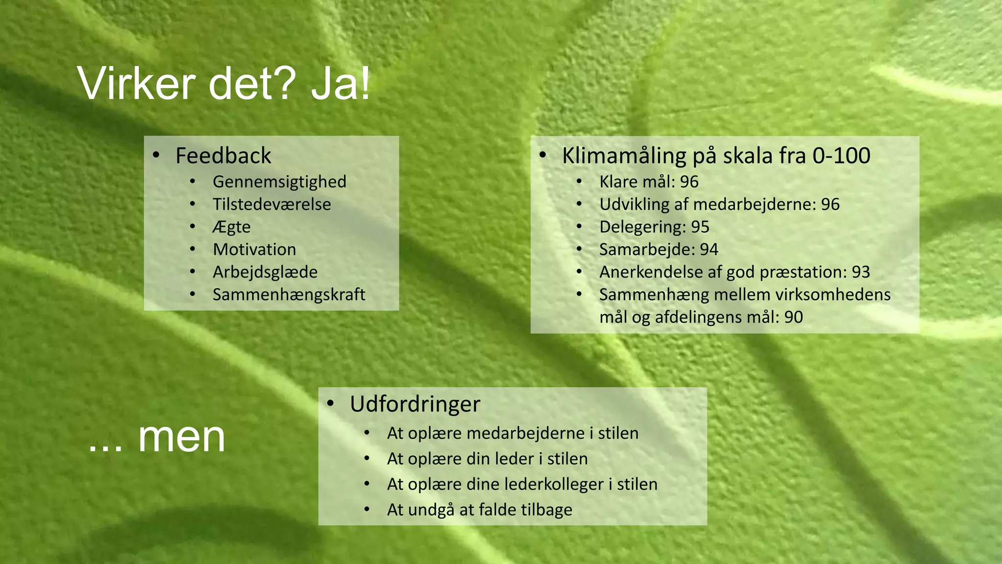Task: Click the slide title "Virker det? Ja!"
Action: pos(224,84)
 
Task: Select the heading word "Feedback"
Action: pos(223,156)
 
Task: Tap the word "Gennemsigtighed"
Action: pos(279,182)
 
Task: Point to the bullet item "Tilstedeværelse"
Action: pos(272,204)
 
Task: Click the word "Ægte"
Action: pos(231,227)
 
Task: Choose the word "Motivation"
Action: pos(254,250)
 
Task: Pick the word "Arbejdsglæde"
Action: pos(265,272)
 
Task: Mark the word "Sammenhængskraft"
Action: pos(289,295)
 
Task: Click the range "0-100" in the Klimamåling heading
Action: pos(841,156)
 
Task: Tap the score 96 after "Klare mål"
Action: pos(689,182)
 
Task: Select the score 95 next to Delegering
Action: pos(700,227)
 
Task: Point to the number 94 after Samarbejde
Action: pos(708,250)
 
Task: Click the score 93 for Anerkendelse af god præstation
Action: pos(861,272)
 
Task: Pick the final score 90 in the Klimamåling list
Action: pos(794,317)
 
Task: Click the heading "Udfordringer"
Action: pos(415,404)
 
